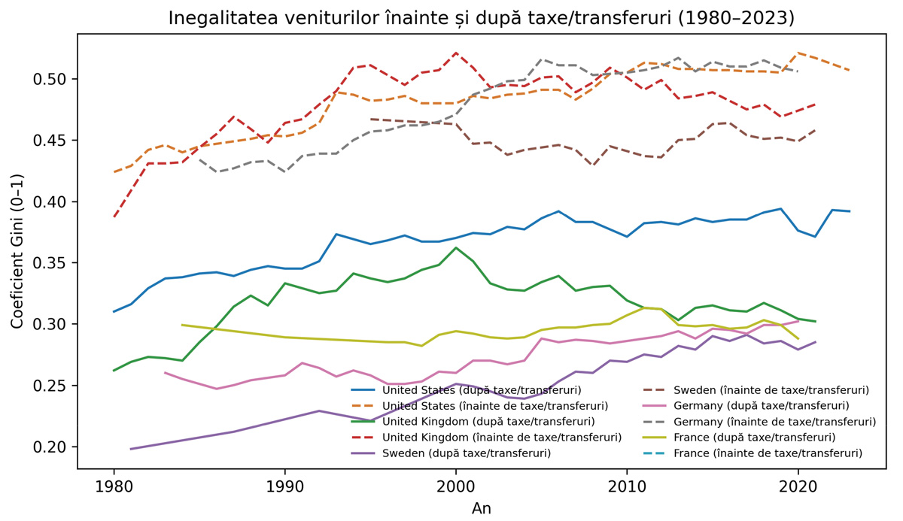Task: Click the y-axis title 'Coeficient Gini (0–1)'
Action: [17, 251]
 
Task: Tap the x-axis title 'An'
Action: [482, 508]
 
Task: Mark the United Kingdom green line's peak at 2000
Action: [455, 247]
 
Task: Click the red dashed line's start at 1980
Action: [114, 217]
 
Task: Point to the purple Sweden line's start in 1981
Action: [131, 449]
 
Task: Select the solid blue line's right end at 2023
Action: [849, 211]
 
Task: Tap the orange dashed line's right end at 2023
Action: [849, 71]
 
